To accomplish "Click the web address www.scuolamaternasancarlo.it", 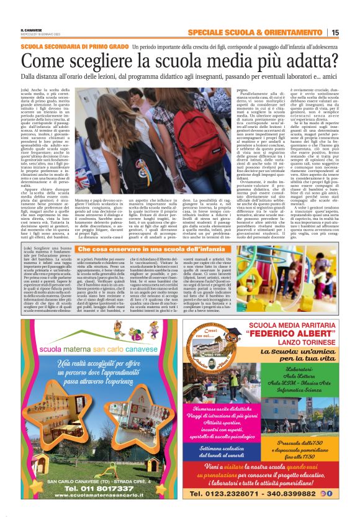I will coord(92,499).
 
